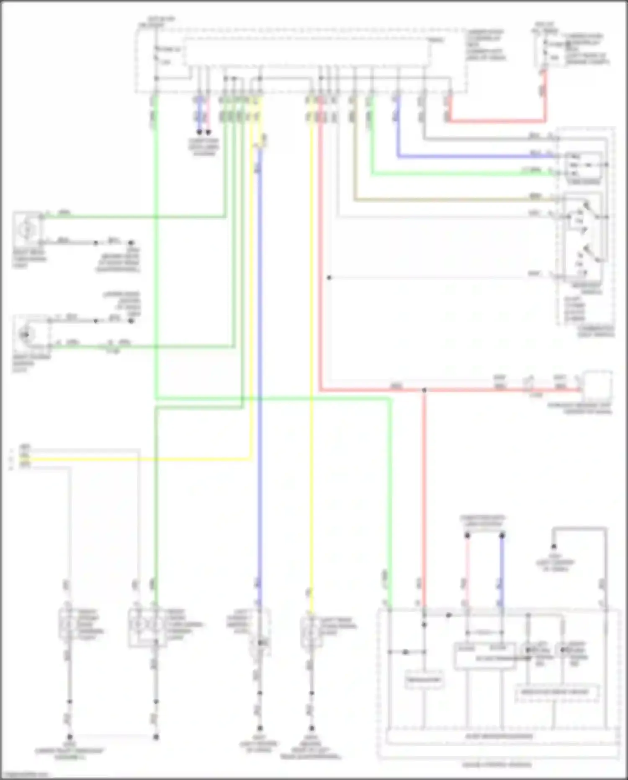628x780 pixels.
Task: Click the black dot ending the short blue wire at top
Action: [200, 132]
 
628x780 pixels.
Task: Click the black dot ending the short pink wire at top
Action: [208, 132]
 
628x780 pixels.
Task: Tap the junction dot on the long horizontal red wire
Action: [424, 390]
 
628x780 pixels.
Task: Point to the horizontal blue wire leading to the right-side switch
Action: [473, 157]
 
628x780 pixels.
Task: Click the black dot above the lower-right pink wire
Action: [468, 536]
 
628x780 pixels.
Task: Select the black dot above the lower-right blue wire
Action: [502, 536]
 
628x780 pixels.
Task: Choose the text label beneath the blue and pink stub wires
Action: [204, 147]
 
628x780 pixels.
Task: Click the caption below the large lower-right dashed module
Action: [497, 764]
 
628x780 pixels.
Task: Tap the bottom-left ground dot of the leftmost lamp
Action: [70, 737]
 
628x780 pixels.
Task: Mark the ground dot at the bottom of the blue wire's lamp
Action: [260, 728]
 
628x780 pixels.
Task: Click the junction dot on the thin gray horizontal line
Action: [329, 277]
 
